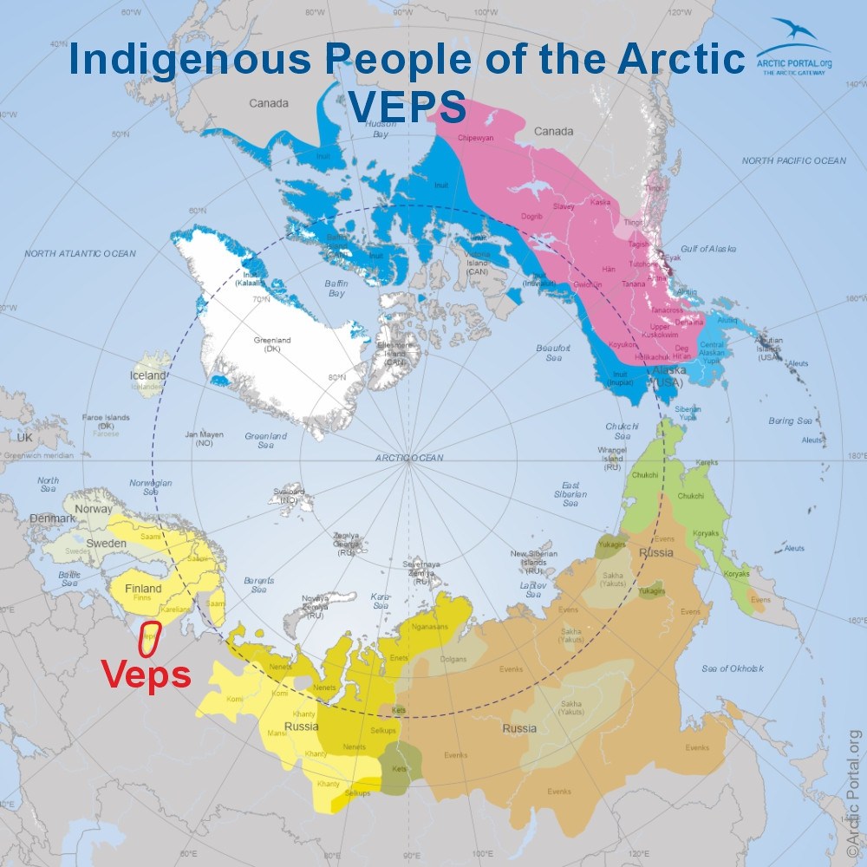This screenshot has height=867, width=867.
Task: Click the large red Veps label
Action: tap(147, 674)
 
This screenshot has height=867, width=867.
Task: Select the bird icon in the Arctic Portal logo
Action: tap(794, 33)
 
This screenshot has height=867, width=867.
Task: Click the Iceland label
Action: tap(147, 375)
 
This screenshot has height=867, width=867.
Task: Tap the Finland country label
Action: tap(142, 589)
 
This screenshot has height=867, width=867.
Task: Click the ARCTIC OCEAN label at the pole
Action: tap(409, 457)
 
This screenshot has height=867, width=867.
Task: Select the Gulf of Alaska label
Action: tap(707, 249)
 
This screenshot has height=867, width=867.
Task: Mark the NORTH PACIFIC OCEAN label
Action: tap(793, 160)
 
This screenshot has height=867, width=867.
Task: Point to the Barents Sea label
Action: tap(257, 583)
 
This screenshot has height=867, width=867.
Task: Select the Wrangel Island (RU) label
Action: tap(612, 457)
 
